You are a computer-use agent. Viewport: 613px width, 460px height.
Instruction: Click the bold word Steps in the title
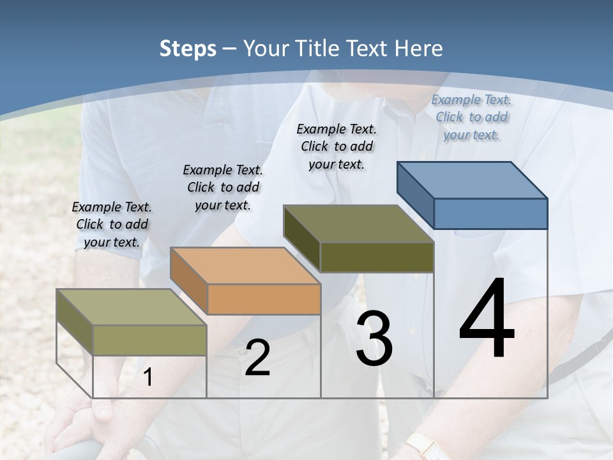(x=188, y=49)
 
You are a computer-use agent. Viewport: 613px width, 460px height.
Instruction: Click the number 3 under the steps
(x=374, y=339)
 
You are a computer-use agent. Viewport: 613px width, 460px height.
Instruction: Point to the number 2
(x=257, y=358)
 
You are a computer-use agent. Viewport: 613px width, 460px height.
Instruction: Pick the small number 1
(x=148, y=378)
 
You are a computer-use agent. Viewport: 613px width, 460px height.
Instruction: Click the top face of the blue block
(x=471, y=180)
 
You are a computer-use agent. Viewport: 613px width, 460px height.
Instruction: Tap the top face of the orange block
(x=245, y=265)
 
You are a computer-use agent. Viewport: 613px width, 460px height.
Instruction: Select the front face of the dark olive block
(x=377, y=257)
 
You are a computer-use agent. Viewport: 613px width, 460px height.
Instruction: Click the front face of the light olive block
(x=149, y=340)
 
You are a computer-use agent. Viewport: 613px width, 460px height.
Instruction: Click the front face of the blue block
(x=490, y=213)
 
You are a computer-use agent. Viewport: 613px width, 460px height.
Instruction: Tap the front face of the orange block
(x=264, y=299)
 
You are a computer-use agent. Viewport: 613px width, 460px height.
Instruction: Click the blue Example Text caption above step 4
(x=471, y=117)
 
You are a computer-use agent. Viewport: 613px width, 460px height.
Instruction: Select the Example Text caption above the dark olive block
(x=337, y=146)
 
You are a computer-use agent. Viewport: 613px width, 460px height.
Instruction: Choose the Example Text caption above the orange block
(x=223, y=187)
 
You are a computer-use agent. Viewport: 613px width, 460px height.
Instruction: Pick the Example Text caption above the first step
(x=112, y=224)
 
